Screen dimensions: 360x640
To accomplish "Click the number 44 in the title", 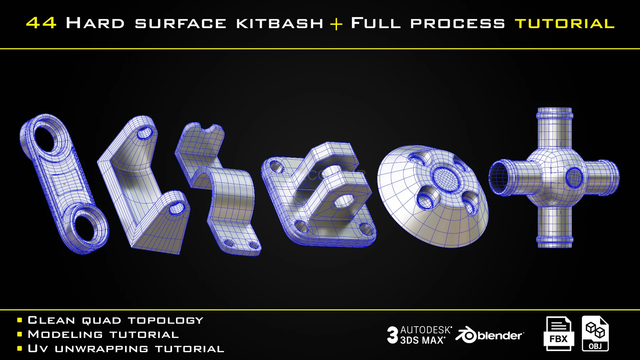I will (41, 23).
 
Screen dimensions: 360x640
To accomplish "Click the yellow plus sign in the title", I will (336, 24).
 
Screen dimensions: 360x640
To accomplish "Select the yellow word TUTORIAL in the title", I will (565, 24).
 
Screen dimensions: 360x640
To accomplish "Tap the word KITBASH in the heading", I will (279, 23).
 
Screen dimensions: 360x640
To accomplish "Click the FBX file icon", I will (559, 333).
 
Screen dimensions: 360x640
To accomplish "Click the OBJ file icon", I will (595, 333).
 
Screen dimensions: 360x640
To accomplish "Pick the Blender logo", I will (490, 335).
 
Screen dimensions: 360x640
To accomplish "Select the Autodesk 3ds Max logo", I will (420, 335).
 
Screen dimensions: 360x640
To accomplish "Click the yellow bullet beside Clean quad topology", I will (20, 321).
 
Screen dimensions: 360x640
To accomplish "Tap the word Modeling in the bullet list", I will (65, 335).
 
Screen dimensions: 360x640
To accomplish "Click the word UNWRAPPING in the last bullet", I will (101, 349).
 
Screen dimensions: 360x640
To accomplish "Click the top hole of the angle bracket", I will (144, 133).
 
